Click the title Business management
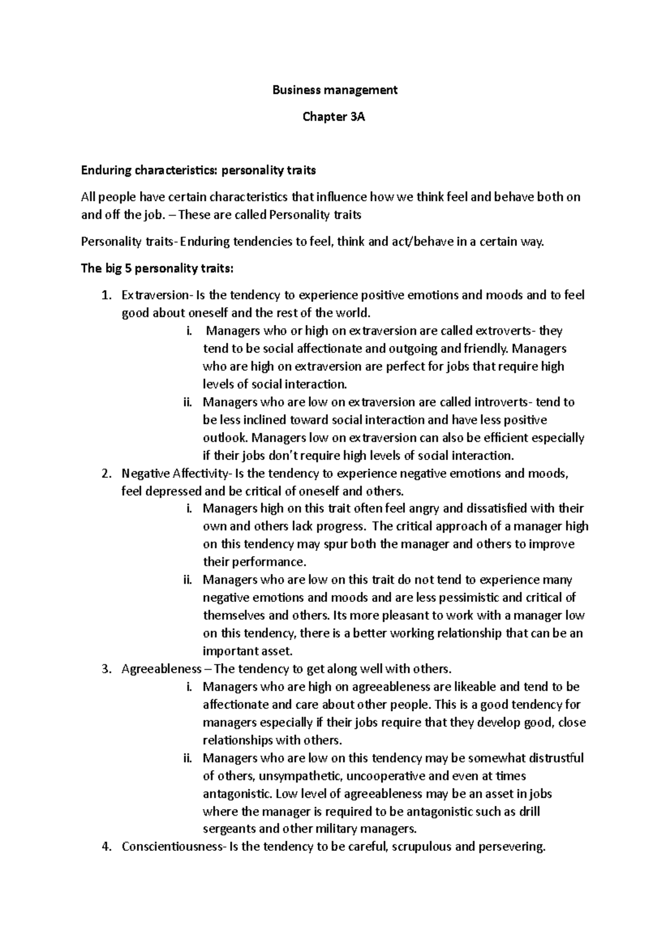(334, 90)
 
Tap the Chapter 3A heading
(334, 117)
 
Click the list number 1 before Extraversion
(107, 295)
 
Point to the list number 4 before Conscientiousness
(107, 847)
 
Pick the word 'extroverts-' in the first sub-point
(508, 331)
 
